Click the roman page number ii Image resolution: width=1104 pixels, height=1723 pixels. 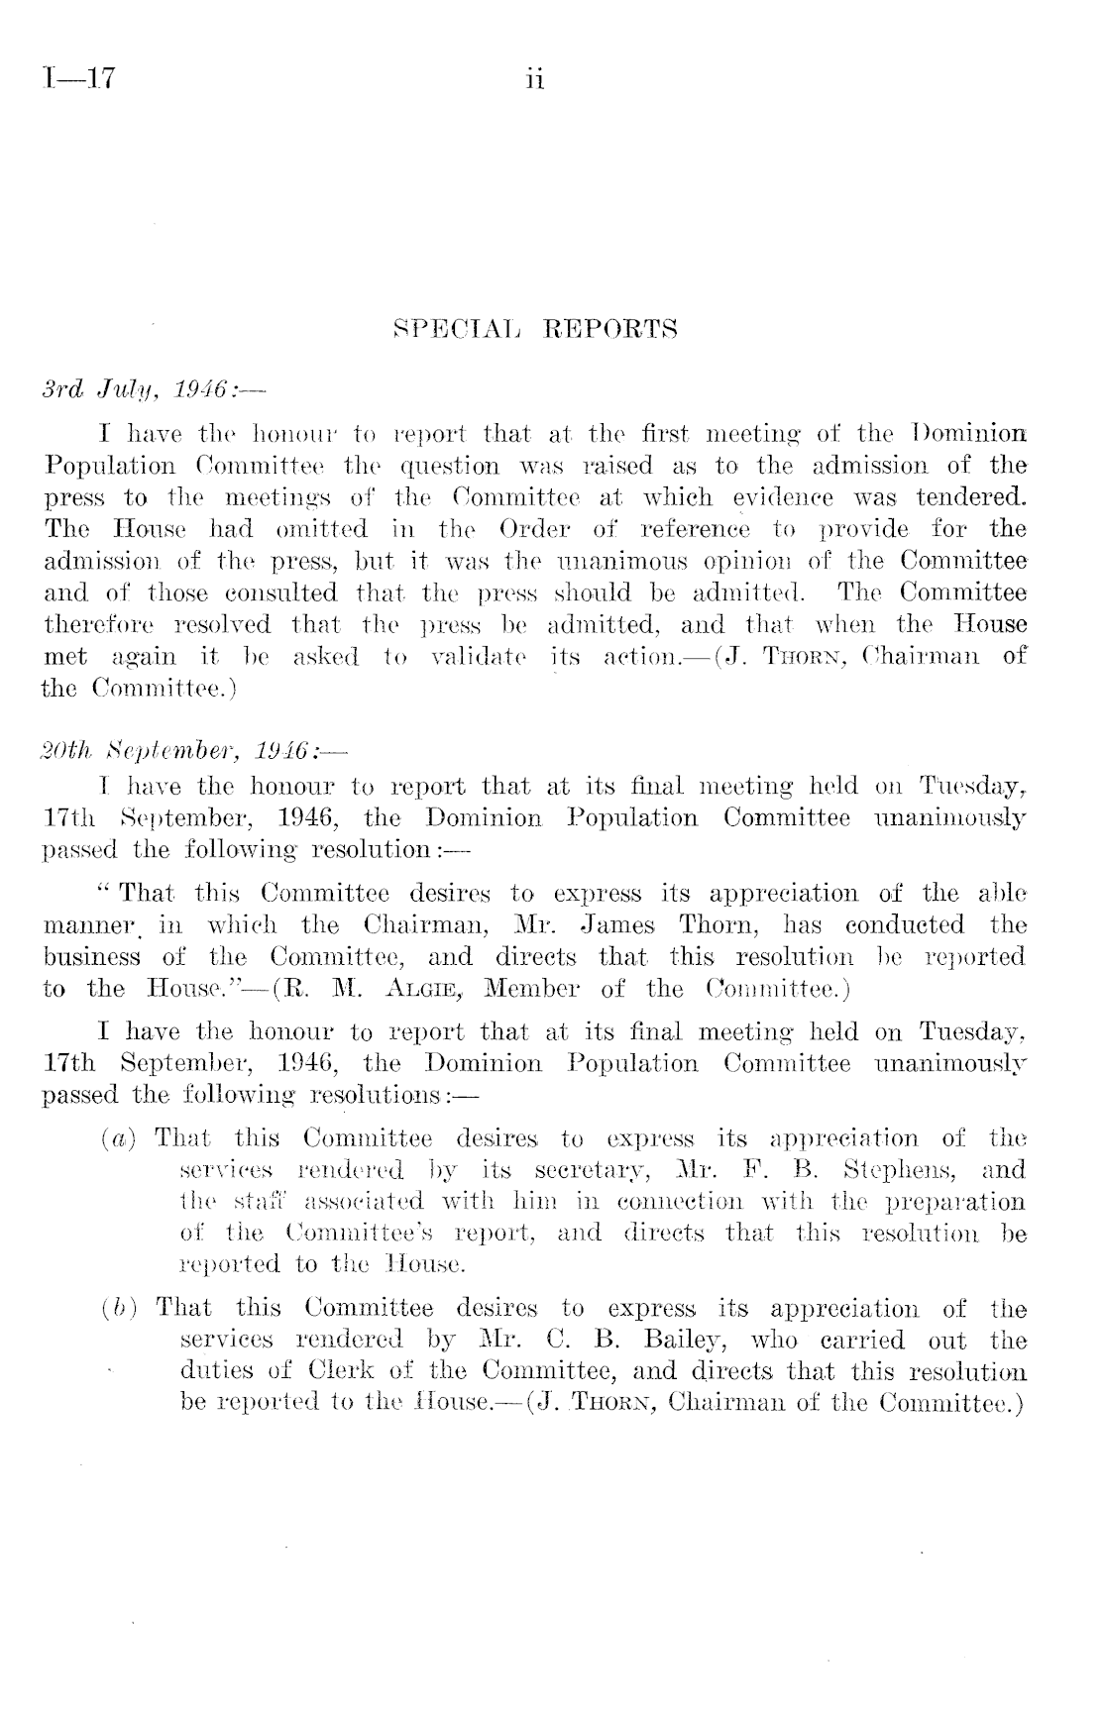(x=535, y=79)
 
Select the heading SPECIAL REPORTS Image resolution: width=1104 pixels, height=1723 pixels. (x=535, y=329)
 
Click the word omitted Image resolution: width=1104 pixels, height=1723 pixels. (x=321, y=529)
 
